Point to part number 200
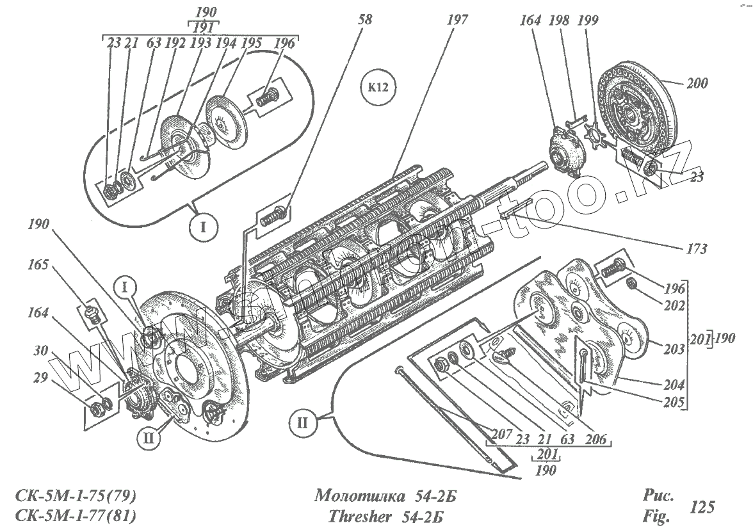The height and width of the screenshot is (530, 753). pyautogui.click(x=697, y=84)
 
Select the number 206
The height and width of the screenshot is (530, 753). pyautogui.click(x=597, y=440)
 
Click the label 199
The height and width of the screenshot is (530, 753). pyautogui.click(x=587, y=20)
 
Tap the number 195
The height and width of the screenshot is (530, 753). pyautogui.click(x=252, y=44)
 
